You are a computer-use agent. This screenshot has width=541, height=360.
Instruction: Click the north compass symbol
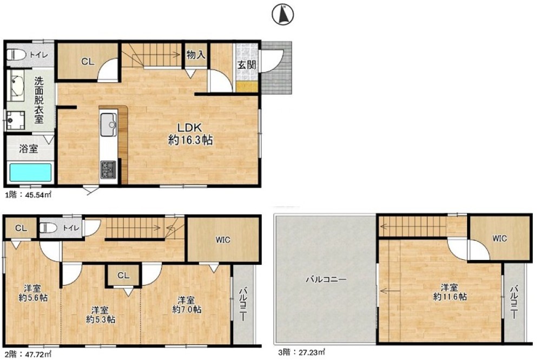coord(282,15)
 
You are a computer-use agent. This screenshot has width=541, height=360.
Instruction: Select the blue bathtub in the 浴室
coord(30,172)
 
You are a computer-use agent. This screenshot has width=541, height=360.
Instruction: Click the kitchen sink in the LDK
coord(108,125)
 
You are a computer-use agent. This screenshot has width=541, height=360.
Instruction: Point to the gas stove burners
coord(108,169)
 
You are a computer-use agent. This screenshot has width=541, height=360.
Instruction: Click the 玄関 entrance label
coord(247,64)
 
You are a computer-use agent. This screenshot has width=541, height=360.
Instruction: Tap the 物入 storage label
coord(196,55)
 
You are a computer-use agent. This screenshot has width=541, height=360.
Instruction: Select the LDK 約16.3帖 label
coord(190,134)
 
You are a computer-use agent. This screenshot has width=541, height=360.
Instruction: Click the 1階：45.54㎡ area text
coord(28,195)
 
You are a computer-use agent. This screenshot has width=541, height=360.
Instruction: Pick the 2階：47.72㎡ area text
coord(28,354)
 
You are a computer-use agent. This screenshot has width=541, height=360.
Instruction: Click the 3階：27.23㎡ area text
coord(301,352)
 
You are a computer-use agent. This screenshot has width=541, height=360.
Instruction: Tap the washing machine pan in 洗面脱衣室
coord(16,120)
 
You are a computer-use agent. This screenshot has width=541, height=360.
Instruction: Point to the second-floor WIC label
coord(223,239)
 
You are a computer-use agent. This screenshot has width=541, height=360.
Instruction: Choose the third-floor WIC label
coord(499,238)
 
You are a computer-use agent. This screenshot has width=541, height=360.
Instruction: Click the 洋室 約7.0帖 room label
coord(187,304)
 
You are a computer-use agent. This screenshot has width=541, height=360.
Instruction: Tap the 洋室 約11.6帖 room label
coord(450,292)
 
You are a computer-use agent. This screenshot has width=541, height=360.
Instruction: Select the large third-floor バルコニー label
coord(326,279)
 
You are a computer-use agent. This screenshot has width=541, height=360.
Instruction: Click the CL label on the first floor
coord(88,61)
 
